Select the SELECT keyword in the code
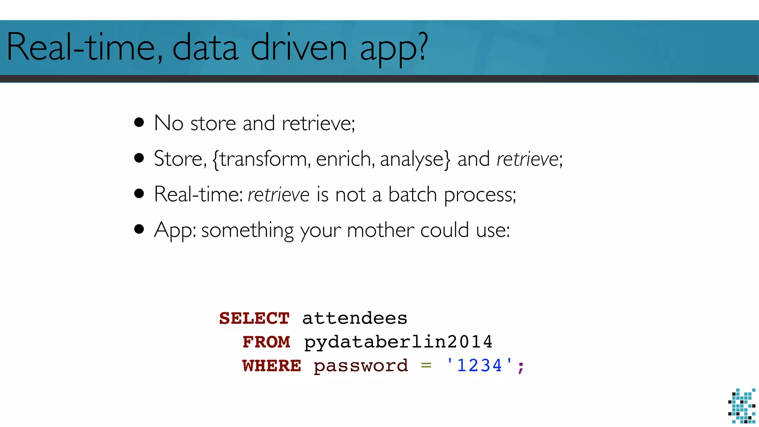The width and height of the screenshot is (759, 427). [254, 318]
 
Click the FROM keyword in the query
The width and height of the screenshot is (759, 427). [266, 342]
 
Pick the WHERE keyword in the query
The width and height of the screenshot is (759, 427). [272, 366]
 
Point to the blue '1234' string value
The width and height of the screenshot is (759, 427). [480, 365]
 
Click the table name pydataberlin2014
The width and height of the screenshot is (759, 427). [398, 342]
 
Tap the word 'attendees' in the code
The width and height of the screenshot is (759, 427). [355, 318]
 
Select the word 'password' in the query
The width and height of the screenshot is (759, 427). [361, 366]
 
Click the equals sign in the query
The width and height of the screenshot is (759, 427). [426, 366]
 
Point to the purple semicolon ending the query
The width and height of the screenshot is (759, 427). [521, 367]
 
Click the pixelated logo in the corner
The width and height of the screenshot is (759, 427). [742, 406]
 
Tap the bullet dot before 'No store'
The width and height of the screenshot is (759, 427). [139, 122]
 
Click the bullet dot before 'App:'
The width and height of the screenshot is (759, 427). [139, 229]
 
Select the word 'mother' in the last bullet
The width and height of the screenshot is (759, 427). [380, 230]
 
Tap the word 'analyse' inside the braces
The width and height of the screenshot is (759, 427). [412, 160]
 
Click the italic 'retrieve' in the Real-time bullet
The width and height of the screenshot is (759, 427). [278, 195]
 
